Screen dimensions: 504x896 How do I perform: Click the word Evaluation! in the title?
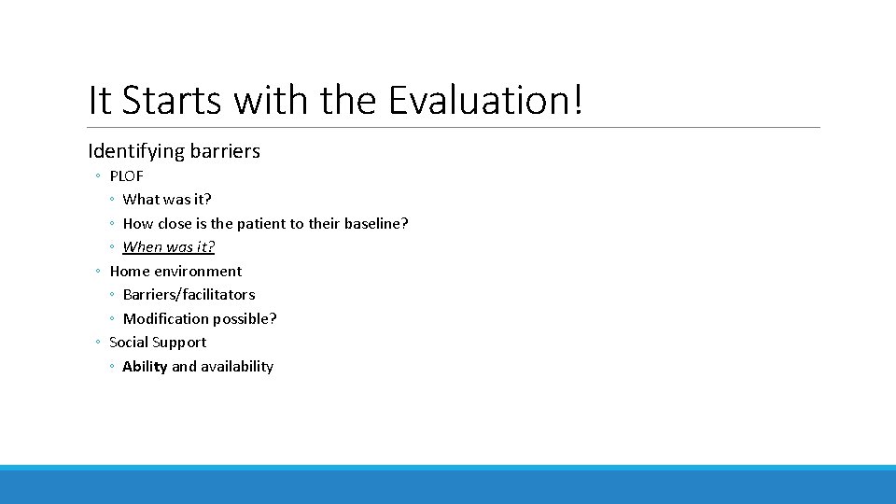(485, 100)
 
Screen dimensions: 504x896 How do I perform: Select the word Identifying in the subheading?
(131, 151)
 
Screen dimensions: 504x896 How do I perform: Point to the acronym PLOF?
(127, 175)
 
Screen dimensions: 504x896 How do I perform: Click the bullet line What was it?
(167, 199)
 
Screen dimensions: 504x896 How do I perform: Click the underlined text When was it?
(169, 247)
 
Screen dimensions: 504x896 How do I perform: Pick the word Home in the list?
(130, 272)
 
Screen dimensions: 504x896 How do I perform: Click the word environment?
(198, 272)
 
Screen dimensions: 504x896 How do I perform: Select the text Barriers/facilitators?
(189, 295)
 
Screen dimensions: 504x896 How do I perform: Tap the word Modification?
(166, 319)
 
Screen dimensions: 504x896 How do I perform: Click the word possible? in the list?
(245, 319)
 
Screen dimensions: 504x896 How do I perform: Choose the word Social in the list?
(129, 343)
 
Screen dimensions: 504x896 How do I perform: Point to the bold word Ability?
(145, 367)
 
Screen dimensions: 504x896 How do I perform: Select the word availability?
(236, 367)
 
